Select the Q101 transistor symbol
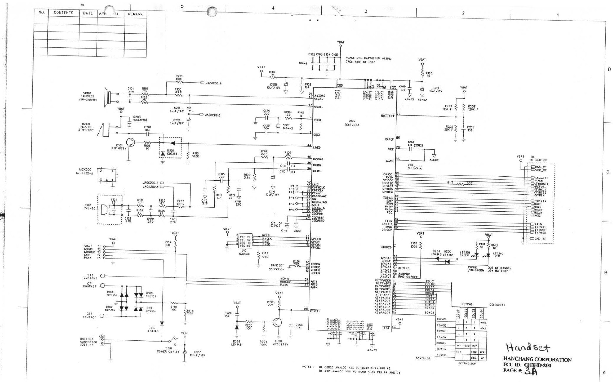coord(130,142)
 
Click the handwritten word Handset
coord(528,347)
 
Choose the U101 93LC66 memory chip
coord(245,240)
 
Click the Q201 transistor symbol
coord(278,323)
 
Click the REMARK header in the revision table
coord(135,14)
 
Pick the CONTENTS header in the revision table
coord(63,13)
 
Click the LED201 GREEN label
coord(464,254)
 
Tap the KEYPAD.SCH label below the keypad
coord(467,364)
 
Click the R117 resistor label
coord(450,183)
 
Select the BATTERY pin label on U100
coord(387,115)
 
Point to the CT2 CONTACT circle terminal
coord(103,276)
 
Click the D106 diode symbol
coord(162,323)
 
